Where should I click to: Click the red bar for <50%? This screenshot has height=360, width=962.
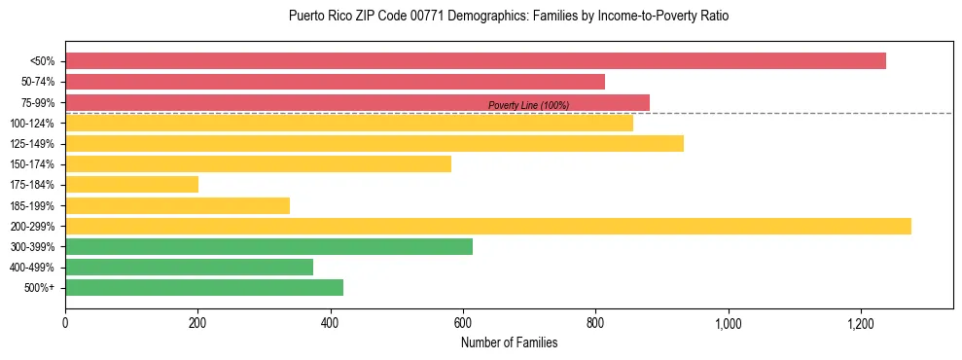pyautogui.click(x=475, y=61)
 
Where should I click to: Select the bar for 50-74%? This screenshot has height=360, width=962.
pyautogui.click(x=335, y=82)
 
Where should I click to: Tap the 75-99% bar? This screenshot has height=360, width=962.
pyautogui.click(x=357, y=102)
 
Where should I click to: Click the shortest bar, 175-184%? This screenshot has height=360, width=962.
pyautogui.click(x=131, y=185)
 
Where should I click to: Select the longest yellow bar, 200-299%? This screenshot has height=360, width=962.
pyautogui.click(x=488, y=227)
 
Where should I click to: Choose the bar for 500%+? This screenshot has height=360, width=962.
pyautogui.click(x=204, y=288)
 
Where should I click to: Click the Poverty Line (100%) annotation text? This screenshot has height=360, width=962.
pyautogui.click(x=528, y=105)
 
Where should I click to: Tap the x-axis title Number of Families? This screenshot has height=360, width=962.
pyautogui.click(x=509, y=342)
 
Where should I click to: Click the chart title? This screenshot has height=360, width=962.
pyautogui.click(x=509, y=17)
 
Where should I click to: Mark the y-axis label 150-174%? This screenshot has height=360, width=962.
pyautogui.click(x=32, y=164)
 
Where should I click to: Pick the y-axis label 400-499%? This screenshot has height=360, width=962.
pyautogui.click(x=32, y=268)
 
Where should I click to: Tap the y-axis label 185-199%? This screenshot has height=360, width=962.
pyautogui.click(x=32, y=206)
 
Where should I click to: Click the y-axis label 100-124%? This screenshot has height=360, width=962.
pyautogui.click(x=32, y=124)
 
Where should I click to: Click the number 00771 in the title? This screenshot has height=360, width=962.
pyautogui.click(x=424, y=17)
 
